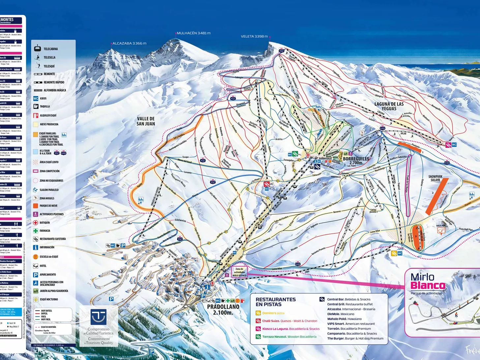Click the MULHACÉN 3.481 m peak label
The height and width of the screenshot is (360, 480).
(194, 33)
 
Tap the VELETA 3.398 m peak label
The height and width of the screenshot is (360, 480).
(254, 36)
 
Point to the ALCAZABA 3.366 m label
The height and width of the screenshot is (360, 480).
(129, 43)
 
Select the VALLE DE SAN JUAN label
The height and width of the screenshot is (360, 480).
(146, 121)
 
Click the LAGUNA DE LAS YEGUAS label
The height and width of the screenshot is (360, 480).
(389, 106)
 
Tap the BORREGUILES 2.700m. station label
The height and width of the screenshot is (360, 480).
(356, 161)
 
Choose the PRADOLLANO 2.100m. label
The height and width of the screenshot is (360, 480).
(223, 309)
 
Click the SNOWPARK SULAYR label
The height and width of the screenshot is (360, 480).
(435, 178)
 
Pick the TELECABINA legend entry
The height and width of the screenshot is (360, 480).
(50, 49)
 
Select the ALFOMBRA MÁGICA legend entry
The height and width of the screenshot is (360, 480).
(55, 90)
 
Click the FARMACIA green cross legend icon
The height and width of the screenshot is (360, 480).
(36, 231)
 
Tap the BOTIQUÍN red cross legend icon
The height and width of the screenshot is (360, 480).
(36, 223)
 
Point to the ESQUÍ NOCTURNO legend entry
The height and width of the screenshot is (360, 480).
(48, 299)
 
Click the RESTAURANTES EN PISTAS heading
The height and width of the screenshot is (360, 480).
(276, 302)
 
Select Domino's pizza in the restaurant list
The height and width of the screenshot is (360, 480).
(273, 313)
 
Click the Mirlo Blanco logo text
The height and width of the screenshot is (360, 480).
(428, 281)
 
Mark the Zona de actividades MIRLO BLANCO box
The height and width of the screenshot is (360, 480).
(239, 272)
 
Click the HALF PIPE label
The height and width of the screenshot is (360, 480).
(441, 226)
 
